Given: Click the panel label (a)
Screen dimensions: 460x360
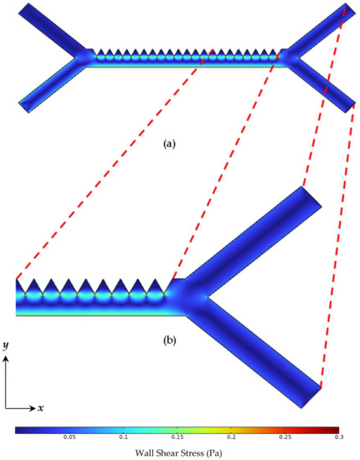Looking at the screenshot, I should pos(169,143).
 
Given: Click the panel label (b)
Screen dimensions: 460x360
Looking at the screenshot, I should pos(169,340).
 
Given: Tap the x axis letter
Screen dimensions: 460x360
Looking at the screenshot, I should pos(40,408).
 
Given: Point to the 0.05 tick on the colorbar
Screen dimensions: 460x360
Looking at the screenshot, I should pos(70,437).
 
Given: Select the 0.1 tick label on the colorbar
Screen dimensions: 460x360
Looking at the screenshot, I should pos(123,437).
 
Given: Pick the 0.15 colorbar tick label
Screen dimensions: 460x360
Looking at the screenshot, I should pos(177,437).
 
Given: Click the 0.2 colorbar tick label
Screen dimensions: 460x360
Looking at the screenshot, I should pos(231,437).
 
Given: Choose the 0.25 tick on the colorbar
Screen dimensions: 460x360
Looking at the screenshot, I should pos(285,437).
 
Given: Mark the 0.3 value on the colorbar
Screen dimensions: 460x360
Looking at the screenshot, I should pos(337,437).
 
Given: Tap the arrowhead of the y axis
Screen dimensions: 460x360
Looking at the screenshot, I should pos(7,357).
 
